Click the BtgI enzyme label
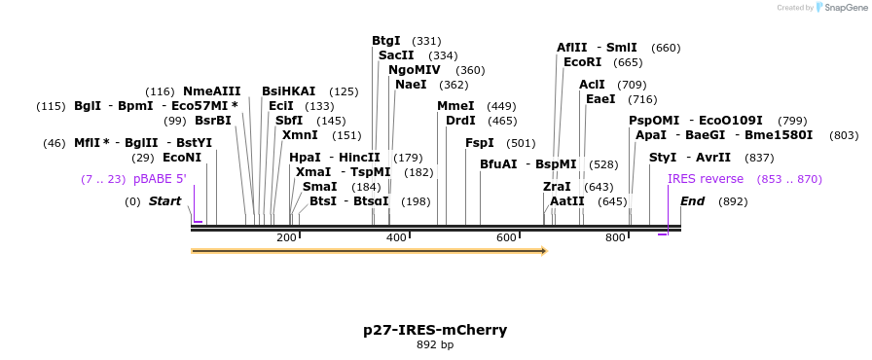tap(386, 41)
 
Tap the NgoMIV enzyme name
tap(414, 70)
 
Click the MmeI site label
tap(455, 106)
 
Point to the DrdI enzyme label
tap(460, 121)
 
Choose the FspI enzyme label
tap(480, 143)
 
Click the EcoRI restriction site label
tap(582, 62)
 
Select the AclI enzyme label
tap(592, 85)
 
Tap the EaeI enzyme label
tap(600, 99)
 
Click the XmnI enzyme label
tap(300, 135)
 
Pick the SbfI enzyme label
tap(289, 121)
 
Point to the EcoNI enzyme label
tap(182, 158)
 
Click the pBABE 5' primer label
tap(160, 179)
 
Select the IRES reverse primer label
tap(706, 179)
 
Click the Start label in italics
tap(164, 201)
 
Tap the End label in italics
tap(692, 201)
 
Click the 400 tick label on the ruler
tap(396, 238)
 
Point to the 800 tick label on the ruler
tap(615, 238)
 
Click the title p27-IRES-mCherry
tap(435, 330)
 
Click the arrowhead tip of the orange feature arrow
tap(547, 251)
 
